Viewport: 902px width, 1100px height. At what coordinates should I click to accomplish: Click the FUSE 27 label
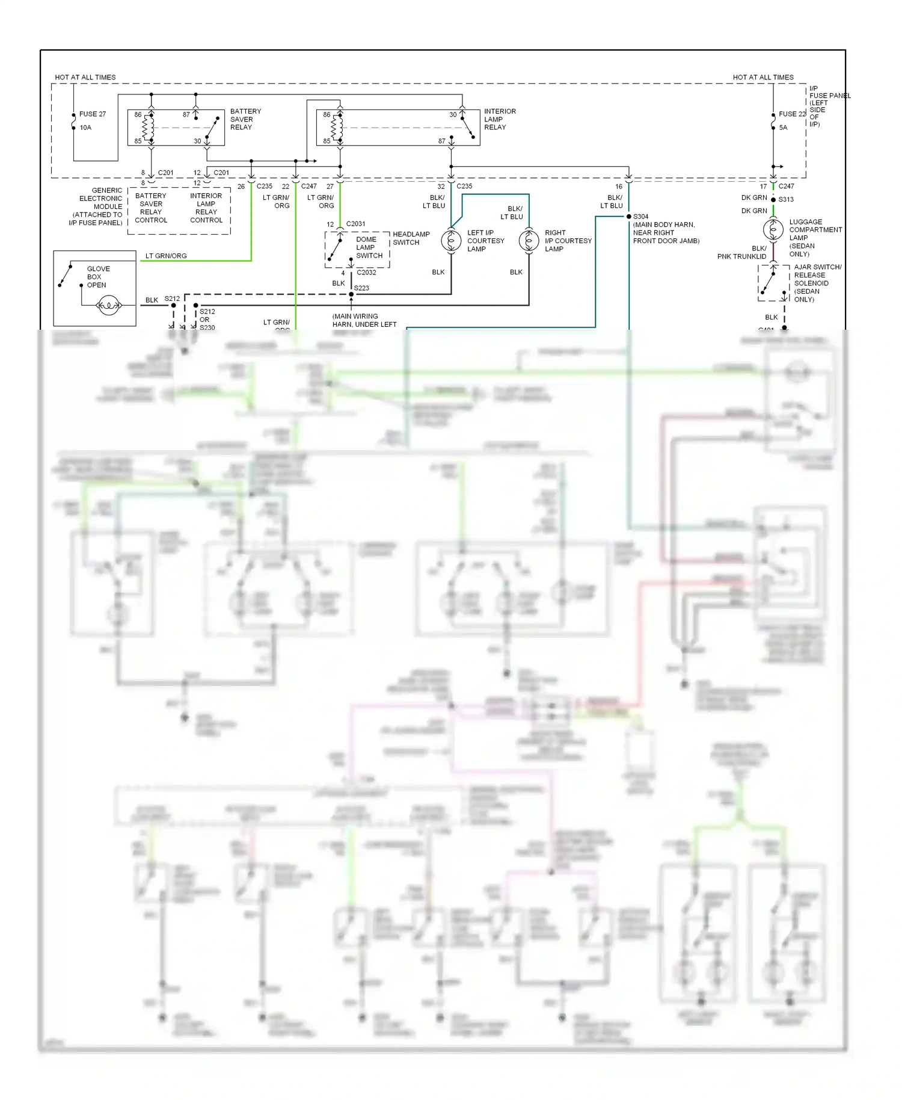[x=92, y=114]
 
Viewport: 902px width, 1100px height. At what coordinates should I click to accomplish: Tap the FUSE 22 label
[x=792, y=114]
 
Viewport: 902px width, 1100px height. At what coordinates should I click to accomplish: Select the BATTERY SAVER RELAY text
[x=245, y=119]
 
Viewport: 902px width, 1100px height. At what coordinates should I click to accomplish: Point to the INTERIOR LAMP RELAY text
[x=500, y=119]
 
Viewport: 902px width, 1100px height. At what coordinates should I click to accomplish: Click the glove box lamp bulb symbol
[x=109, y=306]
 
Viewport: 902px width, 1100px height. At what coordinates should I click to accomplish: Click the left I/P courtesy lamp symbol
[x=451, y=241]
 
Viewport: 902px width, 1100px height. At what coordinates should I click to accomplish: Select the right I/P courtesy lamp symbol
[x=529, y=241]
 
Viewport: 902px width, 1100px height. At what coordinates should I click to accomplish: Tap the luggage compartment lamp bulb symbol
[x=773, y=229]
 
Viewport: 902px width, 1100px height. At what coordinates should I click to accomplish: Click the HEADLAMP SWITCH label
[x=411, y=238]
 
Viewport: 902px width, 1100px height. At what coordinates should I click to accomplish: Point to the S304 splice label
[x=640, y=216]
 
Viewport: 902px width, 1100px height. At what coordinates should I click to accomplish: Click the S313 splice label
[x=786, y=199]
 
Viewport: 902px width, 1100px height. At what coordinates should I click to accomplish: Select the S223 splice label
[x=361, y=288]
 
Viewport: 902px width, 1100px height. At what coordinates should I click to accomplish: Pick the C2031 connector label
[x=355, y=224]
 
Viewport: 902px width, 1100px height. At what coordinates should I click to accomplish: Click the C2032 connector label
[x=366, y=273]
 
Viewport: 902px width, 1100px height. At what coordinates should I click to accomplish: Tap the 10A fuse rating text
[x=85, y=128]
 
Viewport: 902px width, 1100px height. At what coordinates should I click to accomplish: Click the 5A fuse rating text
[x=783, y=128]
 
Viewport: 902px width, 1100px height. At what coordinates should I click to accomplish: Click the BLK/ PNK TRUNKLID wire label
[x=742, y=252]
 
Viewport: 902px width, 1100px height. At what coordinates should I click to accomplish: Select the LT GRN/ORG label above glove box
[x=166, y=256]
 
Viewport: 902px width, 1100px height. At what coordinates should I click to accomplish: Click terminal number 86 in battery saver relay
[x=138, y=114]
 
